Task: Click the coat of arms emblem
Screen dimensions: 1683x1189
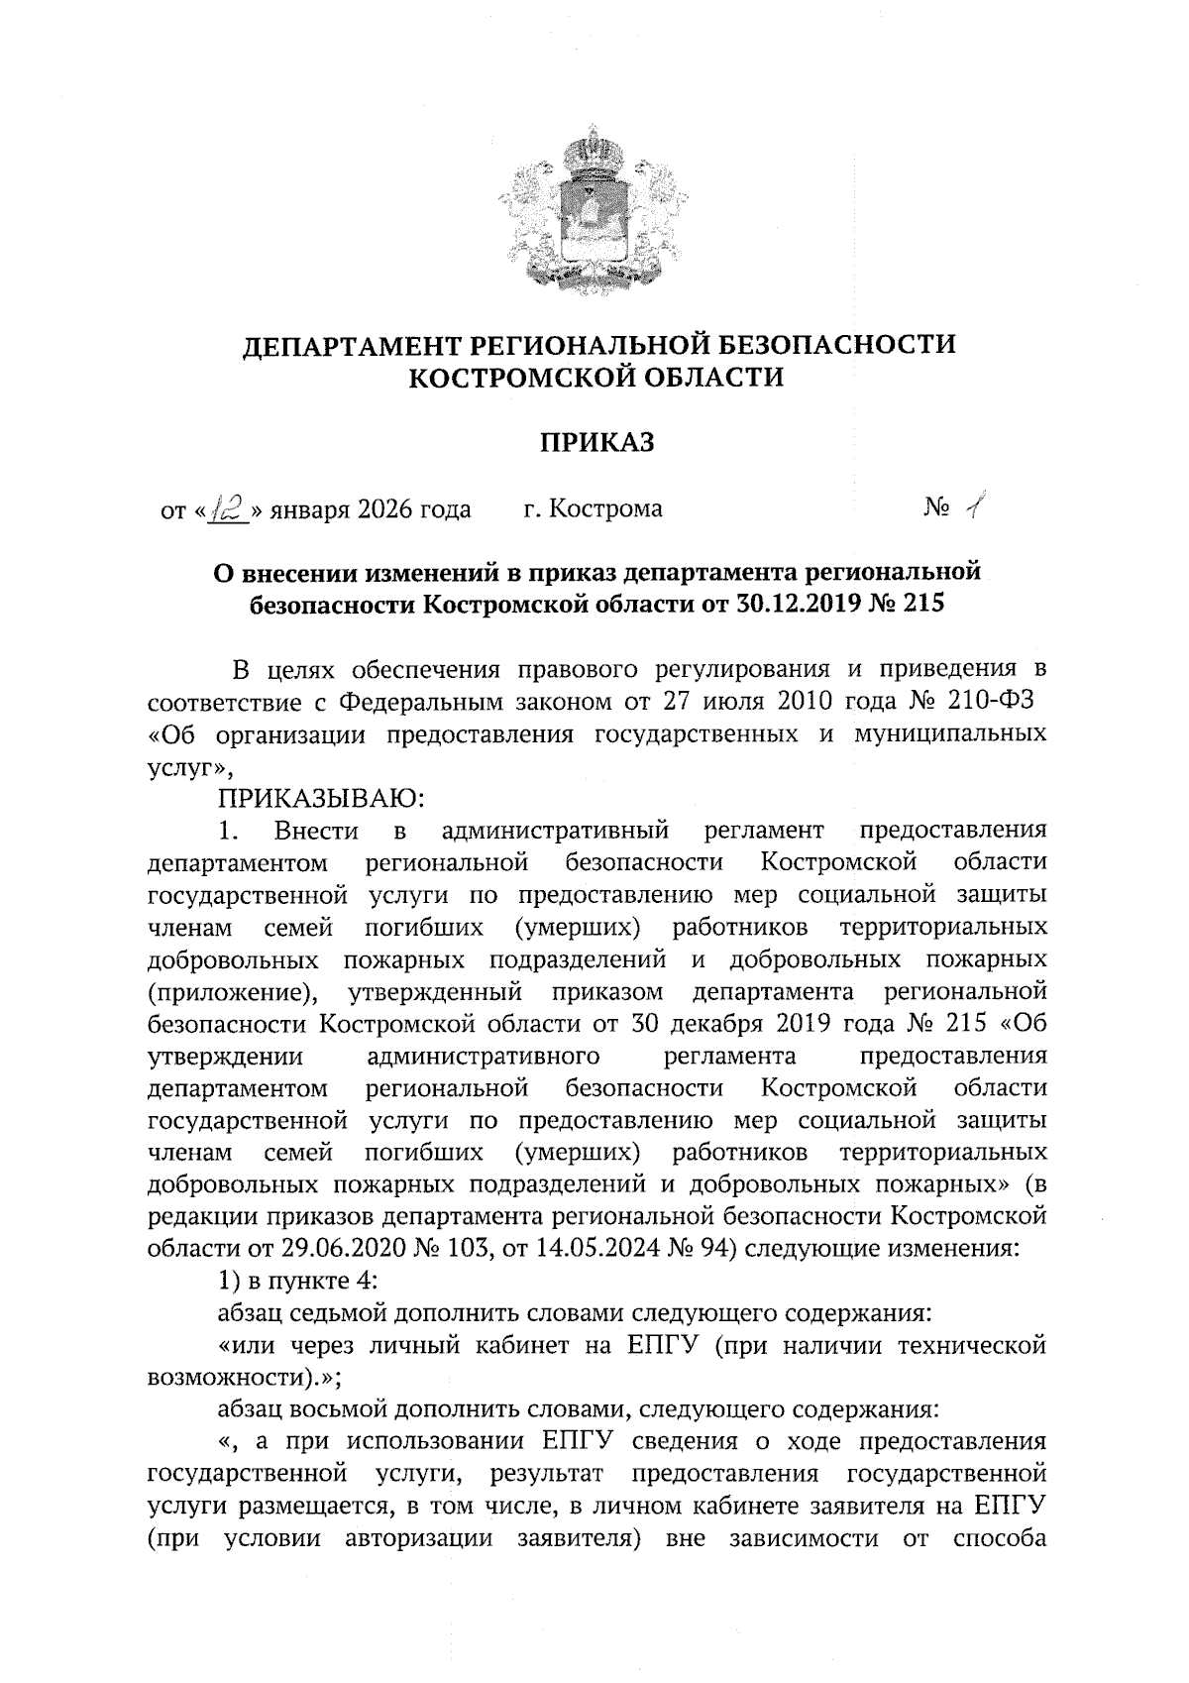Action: click(594, 206)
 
